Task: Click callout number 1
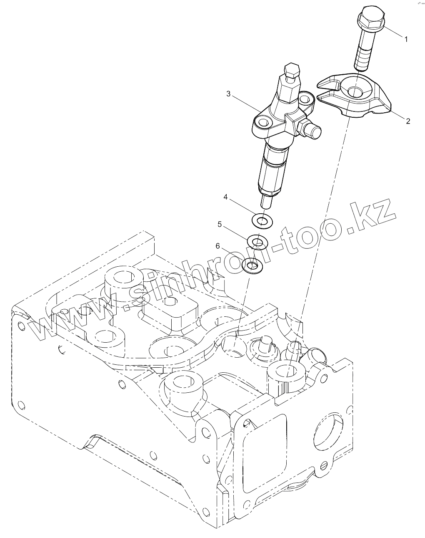(x=406, y=39)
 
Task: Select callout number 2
(x=408, y=121)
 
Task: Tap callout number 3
(x=228, y=94)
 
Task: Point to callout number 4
(x=225, y=197)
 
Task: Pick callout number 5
(x=220, y=225)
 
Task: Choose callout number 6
(x=217, y=246)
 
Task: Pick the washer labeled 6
(x=251, y=265)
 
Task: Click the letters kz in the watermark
(x=371, y=213)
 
